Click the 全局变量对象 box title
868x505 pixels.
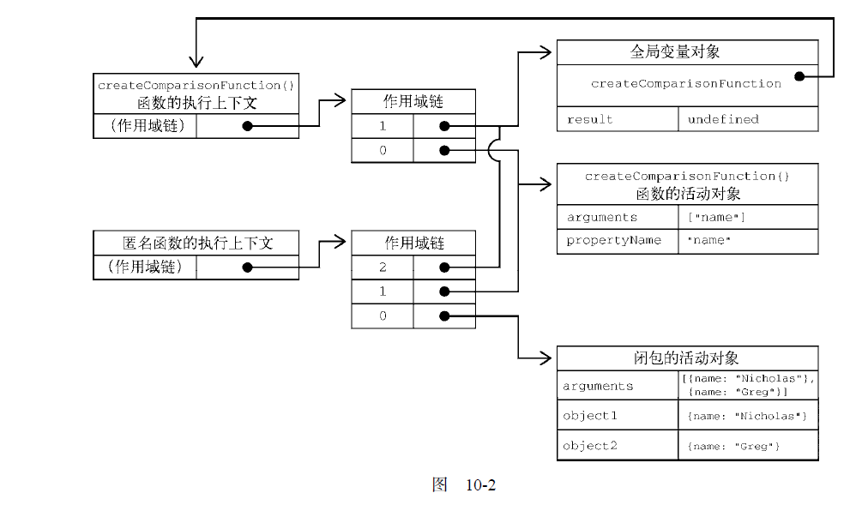click(x=687, y=51)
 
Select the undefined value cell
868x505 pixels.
click(x=748, y=119)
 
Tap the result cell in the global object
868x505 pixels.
click(x=618, y=119)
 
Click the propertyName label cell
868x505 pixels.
click(x=618, y=241)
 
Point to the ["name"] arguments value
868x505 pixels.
click(x=748, y=218)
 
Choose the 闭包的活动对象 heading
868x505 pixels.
click(x=687, y=358)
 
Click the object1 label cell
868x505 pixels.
click(x=618, y=416)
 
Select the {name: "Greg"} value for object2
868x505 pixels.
click(x=748, y=446)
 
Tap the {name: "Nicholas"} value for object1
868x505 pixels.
click(x=748, y=416)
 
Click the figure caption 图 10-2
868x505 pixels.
click(x=464, y=485)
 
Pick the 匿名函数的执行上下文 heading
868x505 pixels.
click(x=196, y=243)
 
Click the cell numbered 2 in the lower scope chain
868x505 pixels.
click(x=383, y=268)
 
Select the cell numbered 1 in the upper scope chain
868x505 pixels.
click(x=383, y=126)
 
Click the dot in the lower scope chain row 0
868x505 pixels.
click(x=443, y=316)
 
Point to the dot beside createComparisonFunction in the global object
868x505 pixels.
click(x=799, y=75)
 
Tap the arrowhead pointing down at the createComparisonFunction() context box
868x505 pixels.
click(x=196, y=62)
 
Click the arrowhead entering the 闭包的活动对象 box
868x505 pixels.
click(x=546, y=358)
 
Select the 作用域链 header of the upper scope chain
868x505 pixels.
click(x=413, y=101)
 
